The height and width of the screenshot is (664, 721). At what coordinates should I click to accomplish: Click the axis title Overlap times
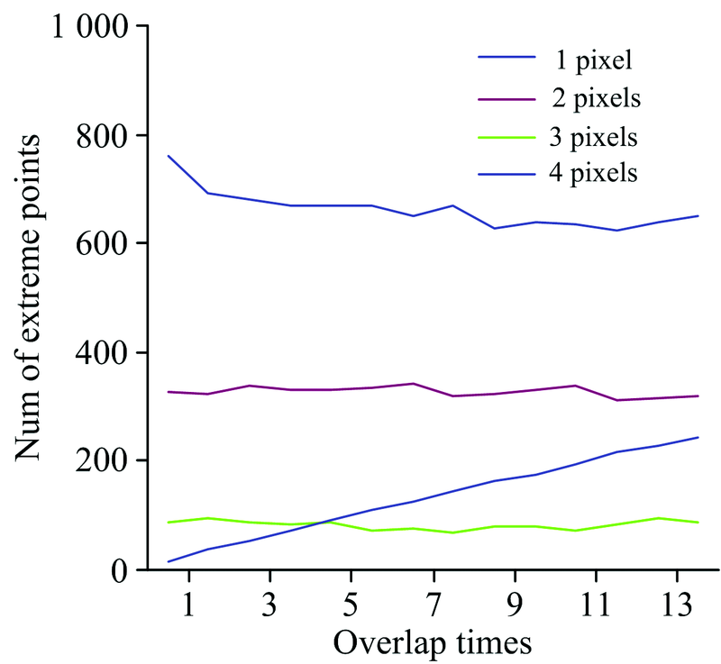(432, 641)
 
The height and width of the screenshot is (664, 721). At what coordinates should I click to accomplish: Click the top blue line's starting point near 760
(169, 156)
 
